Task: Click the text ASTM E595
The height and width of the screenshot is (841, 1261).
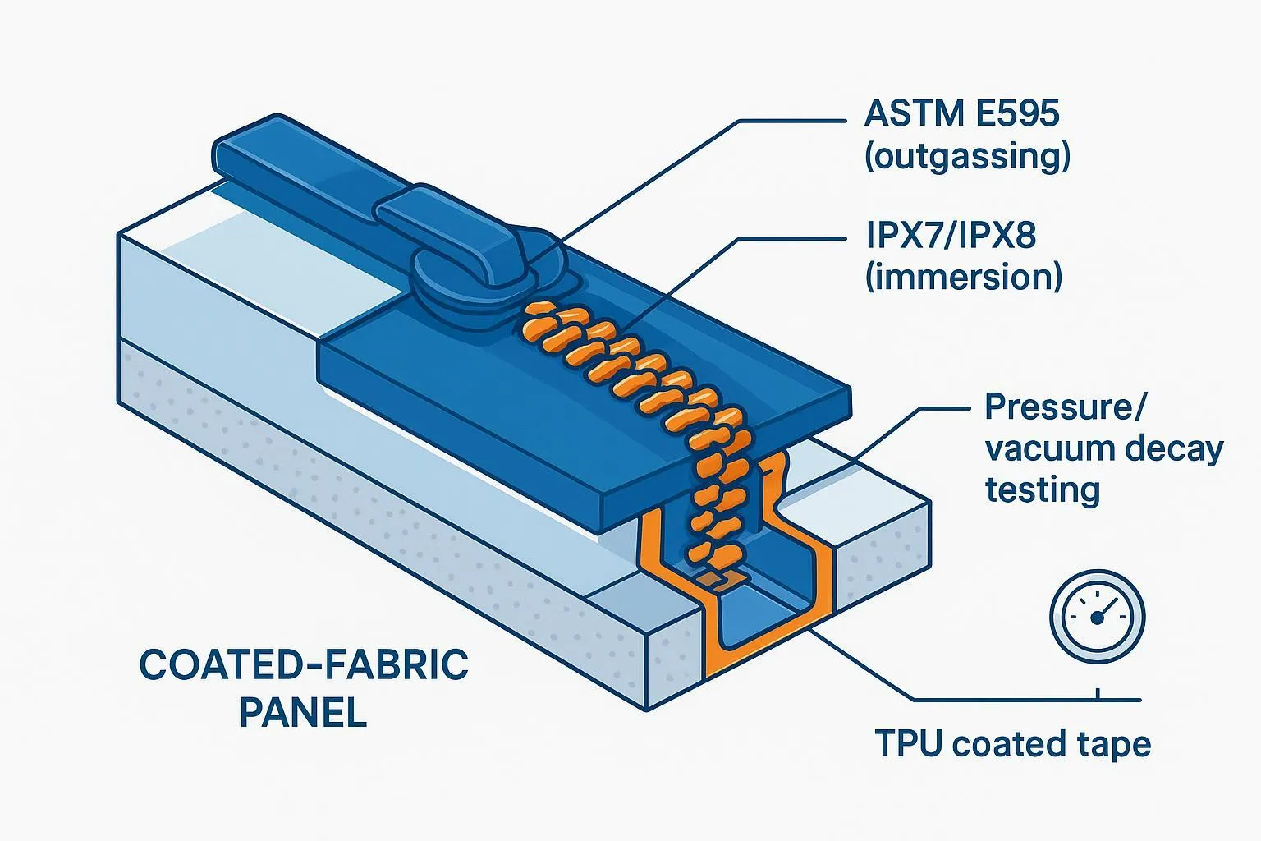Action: pyautogui.click(x=961, y=113)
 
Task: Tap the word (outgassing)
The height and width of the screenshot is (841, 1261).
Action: pyautogui.click(x=967, y=156)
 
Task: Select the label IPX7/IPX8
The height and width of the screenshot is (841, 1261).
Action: pyautogui.click(x=951, y=236)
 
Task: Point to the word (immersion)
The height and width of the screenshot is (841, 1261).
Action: pyautogui.click(x=964, y=277)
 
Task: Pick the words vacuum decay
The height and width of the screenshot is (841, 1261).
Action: pyautogui.click(x=1103, y=449)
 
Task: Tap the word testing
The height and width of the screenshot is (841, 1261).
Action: pyautogui.click(x=1042, y=490)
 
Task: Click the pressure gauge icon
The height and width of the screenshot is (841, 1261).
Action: pyautogui.click(x=1097, y=616)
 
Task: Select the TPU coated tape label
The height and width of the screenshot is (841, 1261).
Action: pyautogui.click(x=1012, y=744)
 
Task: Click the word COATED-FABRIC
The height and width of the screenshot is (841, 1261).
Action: pyautogui.click(x=304, y=665)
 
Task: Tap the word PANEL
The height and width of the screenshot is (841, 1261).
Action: pyautogui.click(x=302, y=712)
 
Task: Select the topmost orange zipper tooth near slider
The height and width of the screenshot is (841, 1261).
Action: pyautogui.click(x=540, y=313)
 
